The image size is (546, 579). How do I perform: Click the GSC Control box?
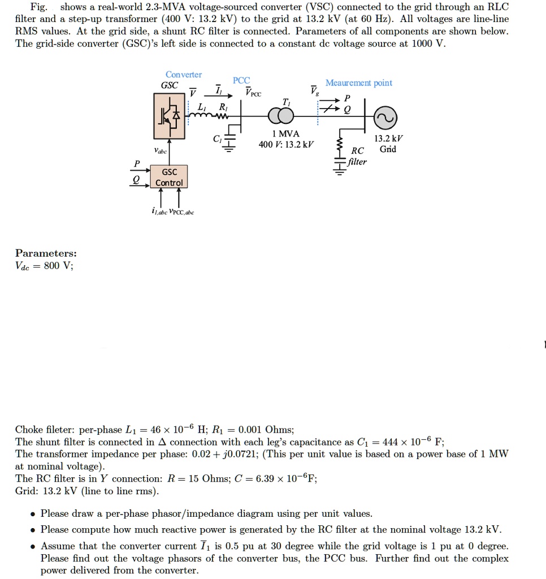169,177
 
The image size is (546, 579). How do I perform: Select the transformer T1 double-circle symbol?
281,116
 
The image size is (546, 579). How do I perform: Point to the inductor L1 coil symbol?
198,116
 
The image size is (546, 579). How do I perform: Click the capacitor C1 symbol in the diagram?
228,141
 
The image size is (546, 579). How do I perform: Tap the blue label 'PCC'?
241,81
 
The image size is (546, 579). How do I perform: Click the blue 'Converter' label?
183,75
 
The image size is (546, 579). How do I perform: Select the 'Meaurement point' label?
358,83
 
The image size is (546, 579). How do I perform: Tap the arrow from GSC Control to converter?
170,155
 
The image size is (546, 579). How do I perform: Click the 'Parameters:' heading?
46,253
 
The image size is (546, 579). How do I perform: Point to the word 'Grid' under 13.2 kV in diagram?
388,149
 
